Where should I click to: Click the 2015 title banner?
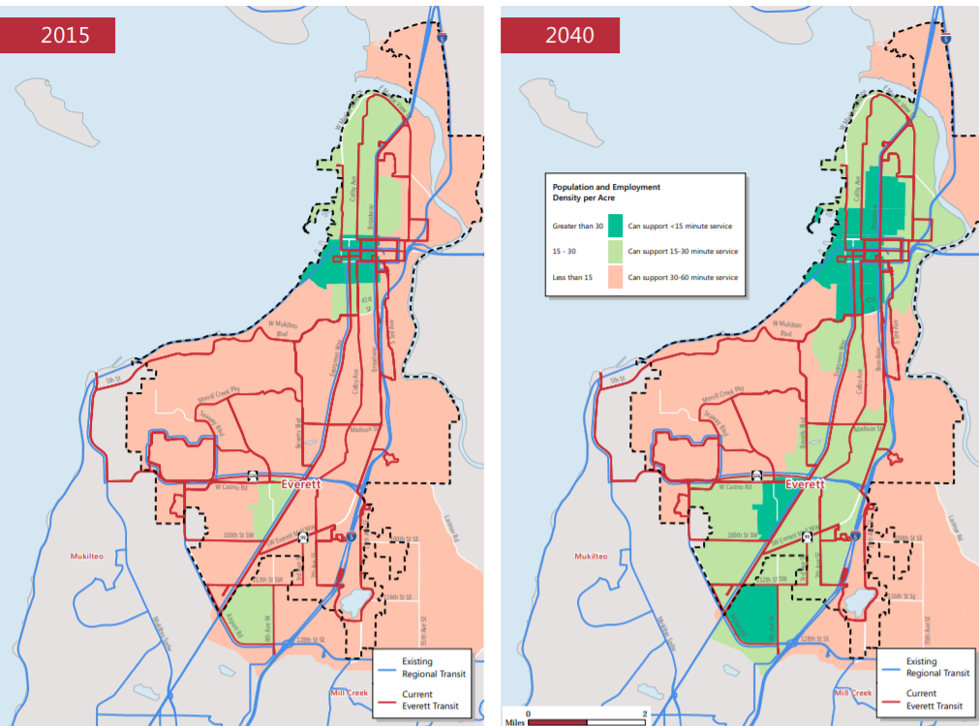pos(58,36)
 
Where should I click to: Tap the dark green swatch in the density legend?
pos(615,227)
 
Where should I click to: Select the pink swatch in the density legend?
pos(615,277)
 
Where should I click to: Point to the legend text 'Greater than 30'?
pos(577,227)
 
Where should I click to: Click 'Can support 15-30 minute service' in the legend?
pos(683,252)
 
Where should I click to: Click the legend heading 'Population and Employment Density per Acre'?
pos(606,191)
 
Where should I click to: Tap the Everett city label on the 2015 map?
pos(302,484)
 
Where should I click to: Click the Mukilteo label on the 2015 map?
pos(93,557)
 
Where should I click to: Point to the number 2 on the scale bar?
pos(644,713)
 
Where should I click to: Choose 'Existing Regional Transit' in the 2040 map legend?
pos(934,667)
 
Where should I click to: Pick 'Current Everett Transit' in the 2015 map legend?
pos(433,700)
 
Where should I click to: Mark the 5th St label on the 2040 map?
pos(616,380)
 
